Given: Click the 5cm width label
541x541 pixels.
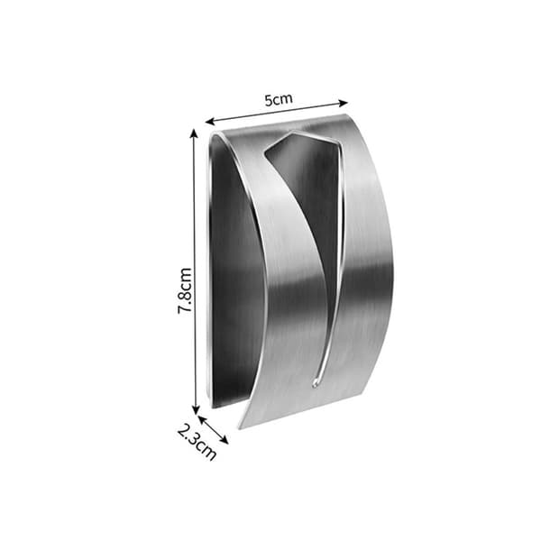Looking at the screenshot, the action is (279, 99).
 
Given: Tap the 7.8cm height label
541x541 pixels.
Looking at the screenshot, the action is (185, 290).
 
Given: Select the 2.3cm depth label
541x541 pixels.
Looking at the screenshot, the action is (197, 443).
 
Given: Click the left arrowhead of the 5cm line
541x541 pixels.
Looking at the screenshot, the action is (210, 122).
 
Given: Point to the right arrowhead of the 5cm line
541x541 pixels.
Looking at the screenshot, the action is (344, 103).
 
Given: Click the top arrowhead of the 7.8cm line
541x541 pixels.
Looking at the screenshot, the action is (194, 133).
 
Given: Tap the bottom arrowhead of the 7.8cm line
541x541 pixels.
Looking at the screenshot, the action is (196, 410).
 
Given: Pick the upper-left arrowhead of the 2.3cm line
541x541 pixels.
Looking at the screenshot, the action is (201, 419).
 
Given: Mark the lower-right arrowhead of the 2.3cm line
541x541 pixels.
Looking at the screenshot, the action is (225, 440).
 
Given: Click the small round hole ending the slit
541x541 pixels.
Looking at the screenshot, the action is (315, 383).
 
